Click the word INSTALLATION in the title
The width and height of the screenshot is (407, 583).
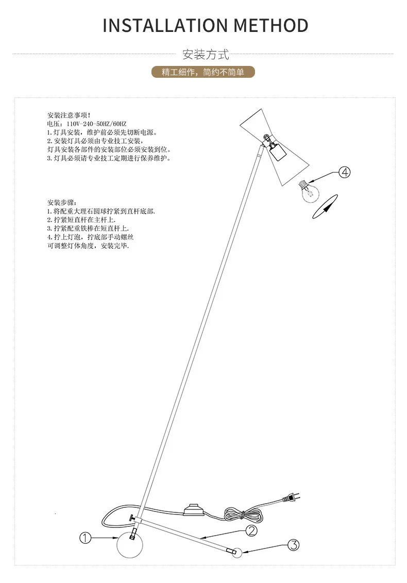[165, 26]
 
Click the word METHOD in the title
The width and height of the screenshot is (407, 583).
[271, 26]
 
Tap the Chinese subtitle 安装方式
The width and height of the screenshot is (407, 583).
[206, 54]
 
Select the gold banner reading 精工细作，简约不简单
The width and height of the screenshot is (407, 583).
[203, 72]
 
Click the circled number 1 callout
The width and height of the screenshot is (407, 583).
[85, 538]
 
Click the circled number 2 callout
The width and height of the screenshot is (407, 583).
[251, 530]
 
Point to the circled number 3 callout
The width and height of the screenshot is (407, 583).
[294, 545]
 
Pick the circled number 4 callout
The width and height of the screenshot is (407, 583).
[345, 172]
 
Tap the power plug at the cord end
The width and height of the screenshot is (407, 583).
[291, 498]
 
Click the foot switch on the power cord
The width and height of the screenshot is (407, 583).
[194, 509]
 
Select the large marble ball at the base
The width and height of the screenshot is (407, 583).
[130, 545]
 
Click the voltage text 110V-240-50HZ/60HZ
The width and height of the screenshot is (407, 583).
[96, 124]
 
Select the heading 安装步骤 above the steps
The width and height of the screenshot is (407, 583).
[62, 202]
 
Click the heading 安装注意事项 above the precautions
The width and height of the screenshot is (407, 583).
[69, 115]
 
